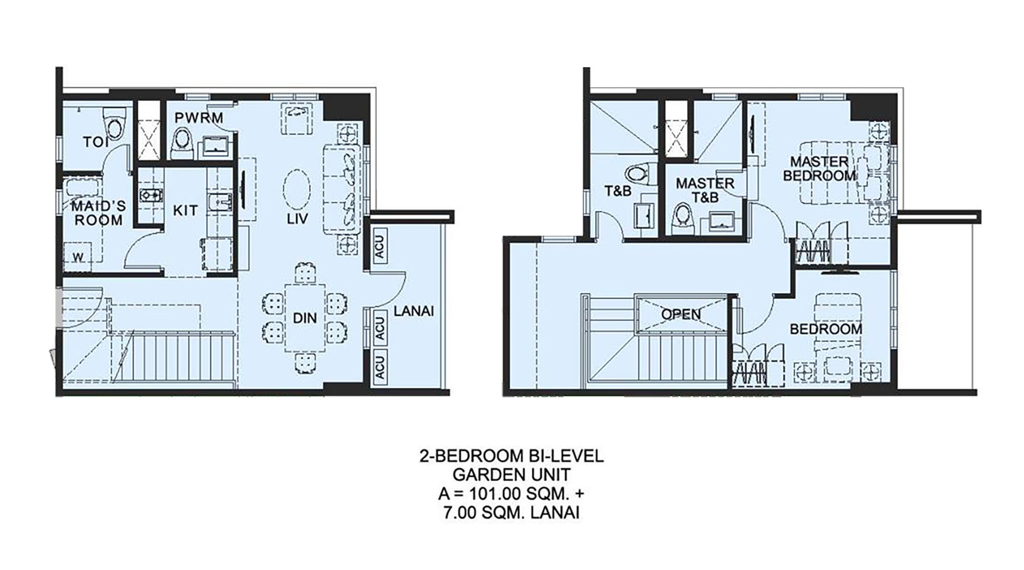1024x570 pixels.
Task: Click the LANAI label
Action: click(x=414, y=311)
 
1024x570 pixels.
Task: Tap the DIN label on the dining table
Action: click(x=305, y=318)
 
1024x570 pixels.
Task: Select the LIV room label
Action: click(x=297, y=219)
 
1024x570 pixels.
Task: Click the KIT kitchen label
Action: click(x=185, y=211)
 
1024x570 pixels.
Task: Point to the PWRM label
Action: click(x=199, y=118)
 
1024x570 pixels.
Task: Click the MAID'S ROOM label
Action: click(x=98, y=213)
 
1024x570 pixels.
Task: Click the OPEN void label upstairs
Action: click(x=681, y=314)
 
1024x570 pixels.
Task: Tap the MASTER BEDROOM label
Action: click(x=819, y=169)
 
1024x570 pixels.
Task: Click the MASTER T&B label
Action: click(x=705, y=190)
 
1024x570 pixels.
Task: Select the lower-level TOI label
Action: click(x=96, y=142)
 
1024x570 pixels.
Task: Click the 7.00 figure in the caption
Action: click(x=459, y=513)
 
